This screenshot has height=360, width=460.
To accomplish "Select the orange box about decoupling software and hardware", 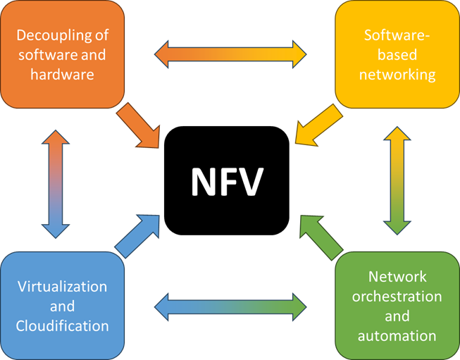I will (x=61, y=54).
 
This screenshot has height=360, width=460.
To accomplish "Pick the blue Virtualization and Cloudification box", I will (x=62, y=305).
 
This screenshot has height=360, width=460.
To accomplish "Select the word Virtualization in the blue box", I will (x=62, y=287).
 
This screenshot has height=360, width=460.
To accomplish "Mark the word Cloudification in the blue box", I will (x=62, y=325).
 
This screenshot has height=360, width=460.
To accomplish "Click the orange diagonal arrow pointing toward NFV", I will (x=140, y=126).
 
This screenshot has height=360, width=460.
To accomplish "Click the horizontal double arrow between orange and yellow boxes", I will (x=230, y=53).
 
